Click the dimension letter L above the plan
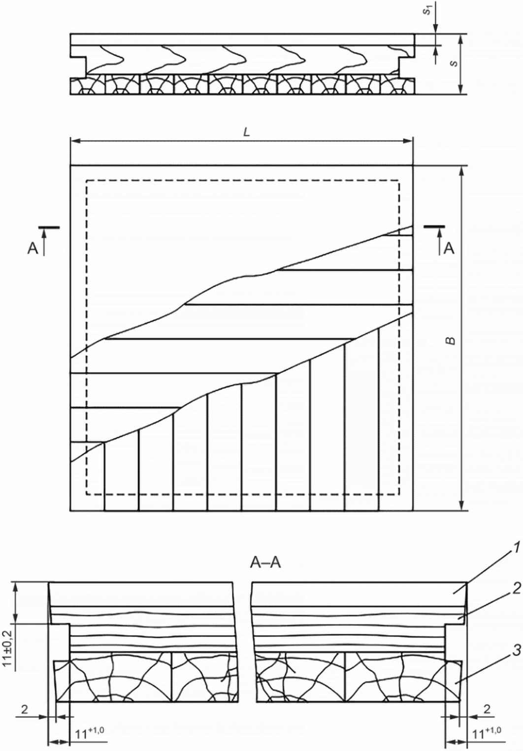point(246,133)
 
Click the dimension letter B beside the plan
point(451,341)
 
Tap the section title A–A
point(265,563)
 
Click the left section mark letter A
point(33,249)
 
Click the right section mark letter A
point(449,248)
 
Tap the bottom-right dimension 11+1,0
point(487,740)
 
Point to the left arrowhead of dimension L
point(75,141)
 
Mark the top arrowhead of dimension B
point(461,171)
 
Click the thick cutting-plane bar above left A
point(49,227)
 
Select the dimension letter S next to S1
point(455,64)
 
